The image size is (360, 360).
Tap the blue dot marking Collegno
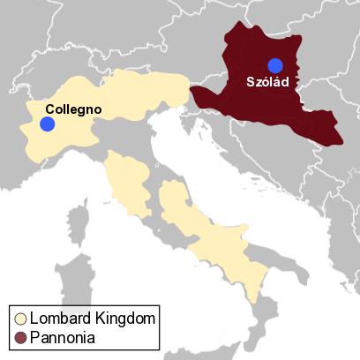pos(48,124)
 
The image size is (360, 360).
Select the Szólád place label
pos(267,82)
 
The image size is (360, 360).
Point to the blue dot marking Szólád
pos(275,64)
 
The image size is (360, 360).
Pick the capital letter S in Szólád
pos(249,82)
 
